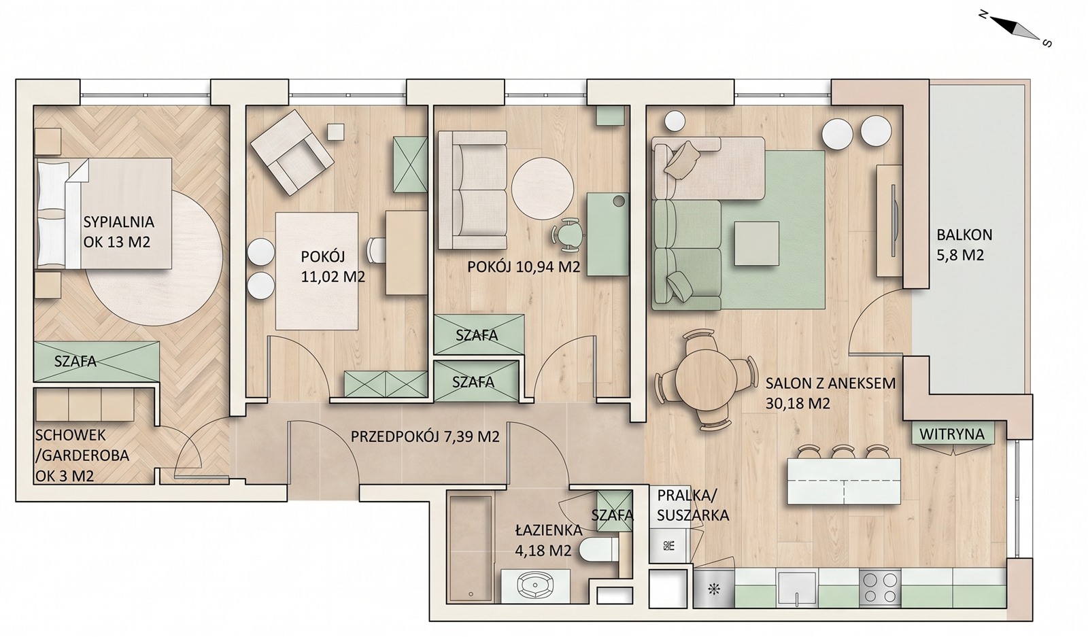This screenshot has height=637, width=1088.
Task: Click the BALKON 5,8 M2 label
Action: [964, 245]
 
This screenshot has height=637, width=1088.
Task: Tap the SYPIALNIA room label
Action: [119, 222]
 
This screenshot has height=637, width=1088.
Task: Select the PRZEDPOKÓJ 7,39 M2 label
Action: [425, 436]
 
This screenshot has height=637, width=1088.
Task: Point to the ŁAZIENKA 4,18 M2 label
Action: [549, 540]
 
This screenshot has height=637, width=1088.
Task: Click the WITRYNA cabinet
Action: [951, 433]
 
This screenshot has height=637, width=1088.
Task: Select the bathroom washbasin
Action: [535, 585]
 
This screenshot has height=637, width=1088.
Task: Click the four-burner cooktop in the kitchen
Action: [880, 587]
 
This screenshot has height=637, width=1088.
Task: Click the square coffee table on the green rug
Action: [756, 243]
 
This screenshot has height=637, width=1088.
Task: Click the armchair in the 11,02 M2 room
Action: [292, 152]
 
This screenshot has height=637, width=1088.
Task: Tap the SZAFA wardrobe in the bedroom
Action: [97, 361]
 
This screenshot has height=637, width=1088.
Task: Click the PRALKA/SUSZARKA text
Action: [693, 505]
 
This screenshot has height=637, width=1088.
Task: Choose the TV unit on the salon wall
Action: [889, 221]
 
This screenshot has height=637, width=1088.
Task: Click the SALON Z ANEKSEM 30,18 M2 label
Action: [830, 393]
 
